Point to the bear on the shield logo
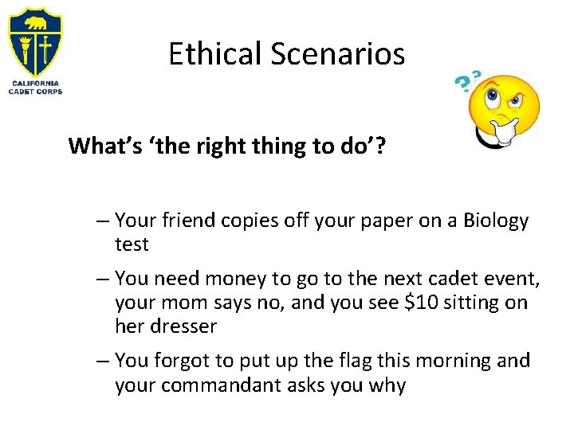(x=35, y=22)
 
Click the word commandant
(x=232, y=385)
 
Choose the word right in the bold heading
(x=210, y=147)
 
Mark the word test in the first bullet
(x=132, y=244)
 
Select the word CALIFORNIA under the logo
(x=35, y=83)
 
